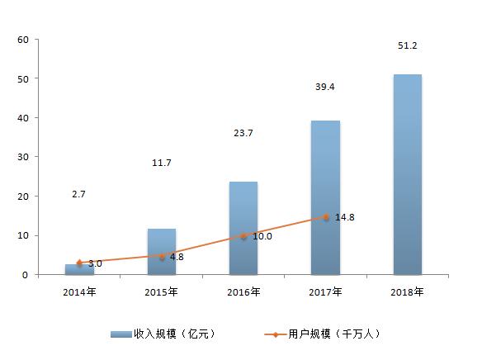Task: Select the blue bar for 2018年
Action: pyautogui.click(x=408, y=174)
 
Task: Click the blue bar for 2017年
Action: pyautogui.click(x=325, y=197)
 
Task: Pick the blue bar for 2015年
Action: pyautogui.click(x=161, y=251)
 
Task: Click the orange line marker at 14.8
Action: pyautogui.click(x=325, y=217)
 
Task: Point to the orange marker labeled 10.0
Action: pyautogui.click(x=243, y=236)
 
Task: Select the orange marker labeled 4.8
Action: pyautogui.click(x=161, y=256)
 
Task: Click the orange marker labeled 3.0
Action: pyautogui.click(x=79, y=263)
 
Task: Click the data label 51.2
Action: pyautogui.click(x=407, y=45)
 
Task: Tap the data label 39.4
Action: pyautogui.click(x=325, y=86)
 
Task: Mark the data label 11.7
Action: pyautogui.click(x=161, y=163)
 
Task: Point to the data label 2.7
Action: pyautogui.click(x=78, y=194)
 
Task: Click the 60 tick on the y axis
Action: pyautogui.click(x=22, y=40)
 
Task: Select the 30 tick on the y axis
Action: pyautogui.click(x=22, y=157)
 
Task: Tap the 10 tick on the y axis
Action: pyautogui.click(x=22, y=235)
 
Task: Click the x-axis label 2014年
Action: pyautogui.click(x=79, y=291)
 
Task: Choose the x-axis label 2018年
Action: pyautogui.click(x=408, y=291)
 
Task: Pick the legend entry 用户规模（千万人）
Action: pyautogui.click(x=323, y=334)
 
